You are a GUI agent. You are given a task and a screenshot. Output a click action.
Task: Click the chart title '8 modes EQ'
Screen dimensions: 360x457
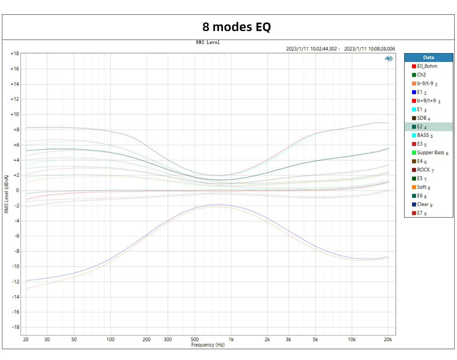[236, 27]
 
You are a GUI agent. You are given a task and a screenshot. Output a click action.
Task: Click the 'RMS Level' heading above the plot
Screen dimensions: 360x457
[208, 42]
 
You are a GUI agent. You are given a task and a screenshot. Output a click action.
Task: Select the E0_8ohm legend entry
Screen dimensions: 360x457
[427, 66]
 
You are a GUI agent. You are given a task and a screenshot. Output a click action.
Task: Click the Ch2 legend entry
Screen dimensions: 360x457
[421, 75]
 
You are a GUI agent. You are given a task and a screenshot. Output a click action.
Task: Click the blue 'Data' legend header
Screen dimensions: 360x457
[428, 58]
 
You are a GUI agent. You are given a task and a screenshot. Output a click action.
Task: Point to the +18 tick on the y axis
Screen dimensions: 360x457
[14, 54]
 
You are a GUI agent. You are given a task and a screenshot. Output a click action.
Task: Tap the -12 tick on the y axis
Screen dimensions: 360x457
[14, 282]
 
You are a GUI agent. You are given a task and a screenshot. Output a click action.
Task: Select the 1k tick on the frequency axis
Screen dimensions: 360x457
[231, 339]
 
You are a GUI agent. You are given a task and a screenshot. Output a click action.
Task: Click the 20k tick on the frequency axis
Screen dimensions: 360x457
[388, 339]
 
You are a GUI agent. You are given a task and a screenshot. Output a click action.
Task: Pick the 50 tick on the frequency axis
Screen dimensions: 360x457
[74, 339]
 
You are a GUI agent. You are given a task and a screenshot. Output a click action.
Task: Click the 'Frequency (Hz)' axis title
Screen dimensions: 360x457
[208, 345]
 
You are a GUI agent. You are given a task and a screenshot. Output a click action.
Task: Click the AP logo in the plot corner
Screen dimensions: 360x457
[388, 58]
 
